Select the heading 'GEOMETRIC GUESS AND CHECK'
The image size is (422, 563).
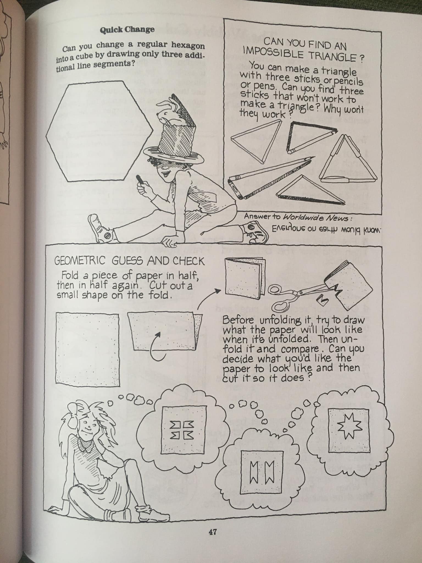(130, 260)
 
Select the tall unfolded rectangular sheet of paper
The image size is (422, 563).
(87, 349)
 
